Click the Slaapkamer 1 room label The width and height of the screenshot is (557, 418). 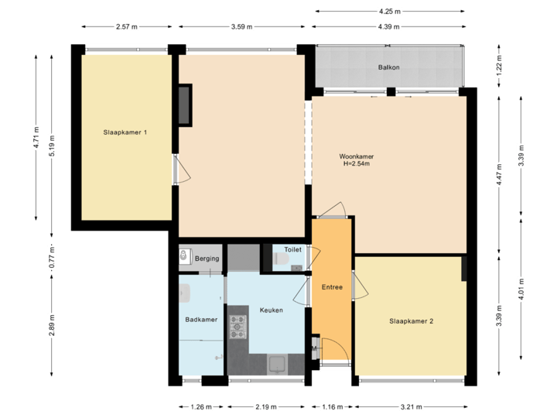(125, 132)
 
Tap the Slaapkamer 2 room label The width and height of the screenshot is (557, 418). (411, 320)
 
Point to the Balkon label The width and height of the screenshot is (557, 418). (388, 67)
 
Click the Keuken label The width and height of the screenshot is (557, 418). (271, 310)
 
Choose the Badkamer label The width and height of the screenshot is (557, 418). (201, 319)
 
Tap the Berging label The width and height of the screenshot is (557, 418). (207, 258)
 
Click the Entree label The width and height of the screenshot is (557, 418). (332, 287)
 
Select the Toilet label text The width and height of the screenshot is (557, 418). (292, 250)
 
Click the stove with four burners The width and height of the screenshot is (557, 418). (237, 327)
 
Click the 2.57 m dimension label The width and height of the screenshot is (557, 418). (126, 26)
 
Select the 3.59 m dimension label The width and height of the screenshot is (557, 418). (242, 26)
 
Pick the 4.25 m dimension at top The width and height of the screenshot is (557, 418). (389, 11)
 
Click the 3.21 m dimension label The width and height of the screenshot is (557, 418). (410, 406)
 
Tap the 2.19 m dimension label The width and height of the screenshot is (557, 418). (265, 406)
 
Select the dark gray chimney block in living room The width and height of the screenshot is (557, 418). (184, 105)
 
